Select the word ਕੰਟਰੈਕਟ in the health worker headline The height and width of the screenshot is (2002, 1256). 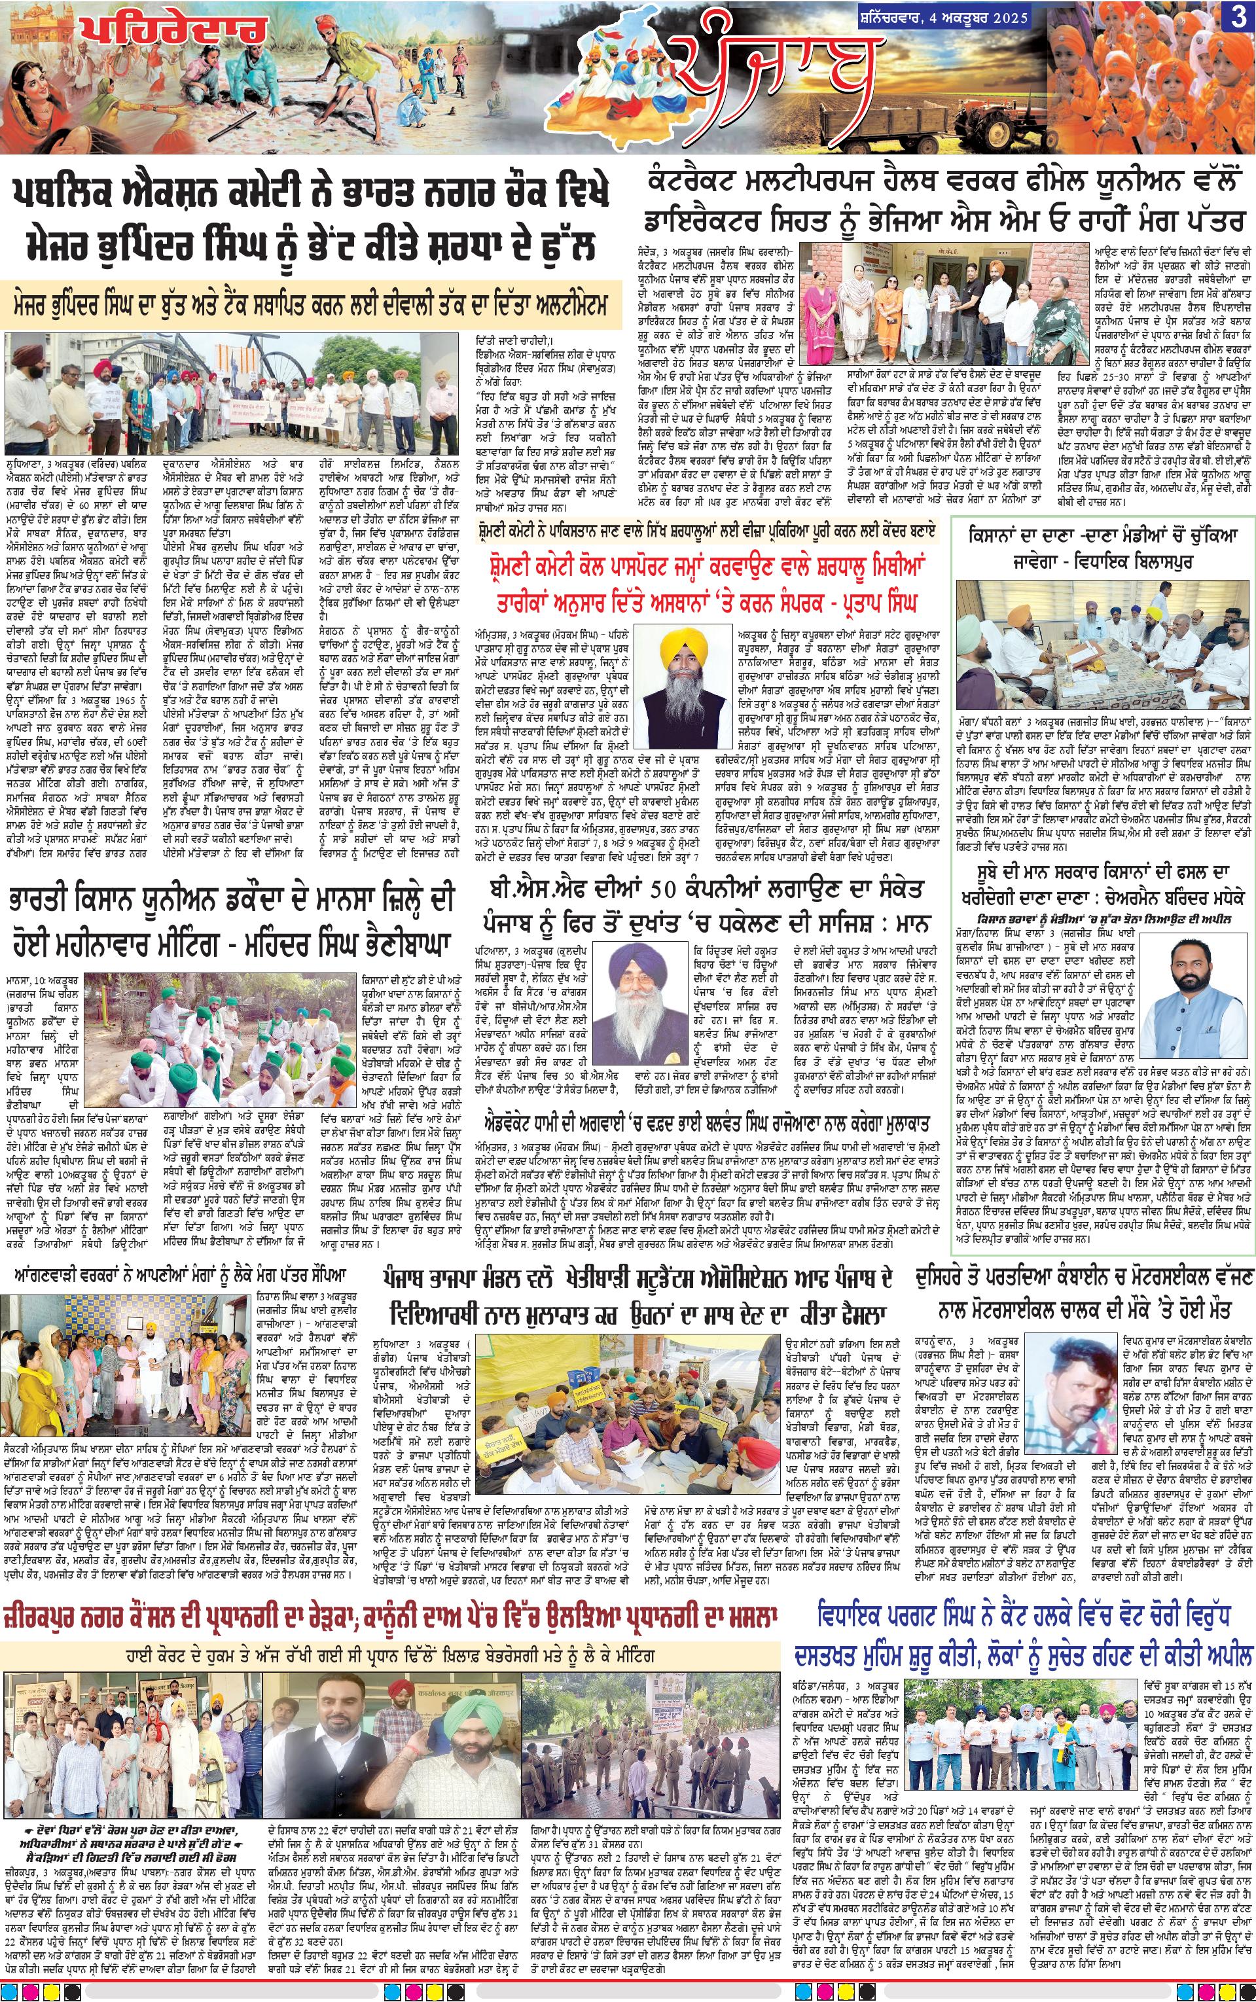[707, 178]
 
